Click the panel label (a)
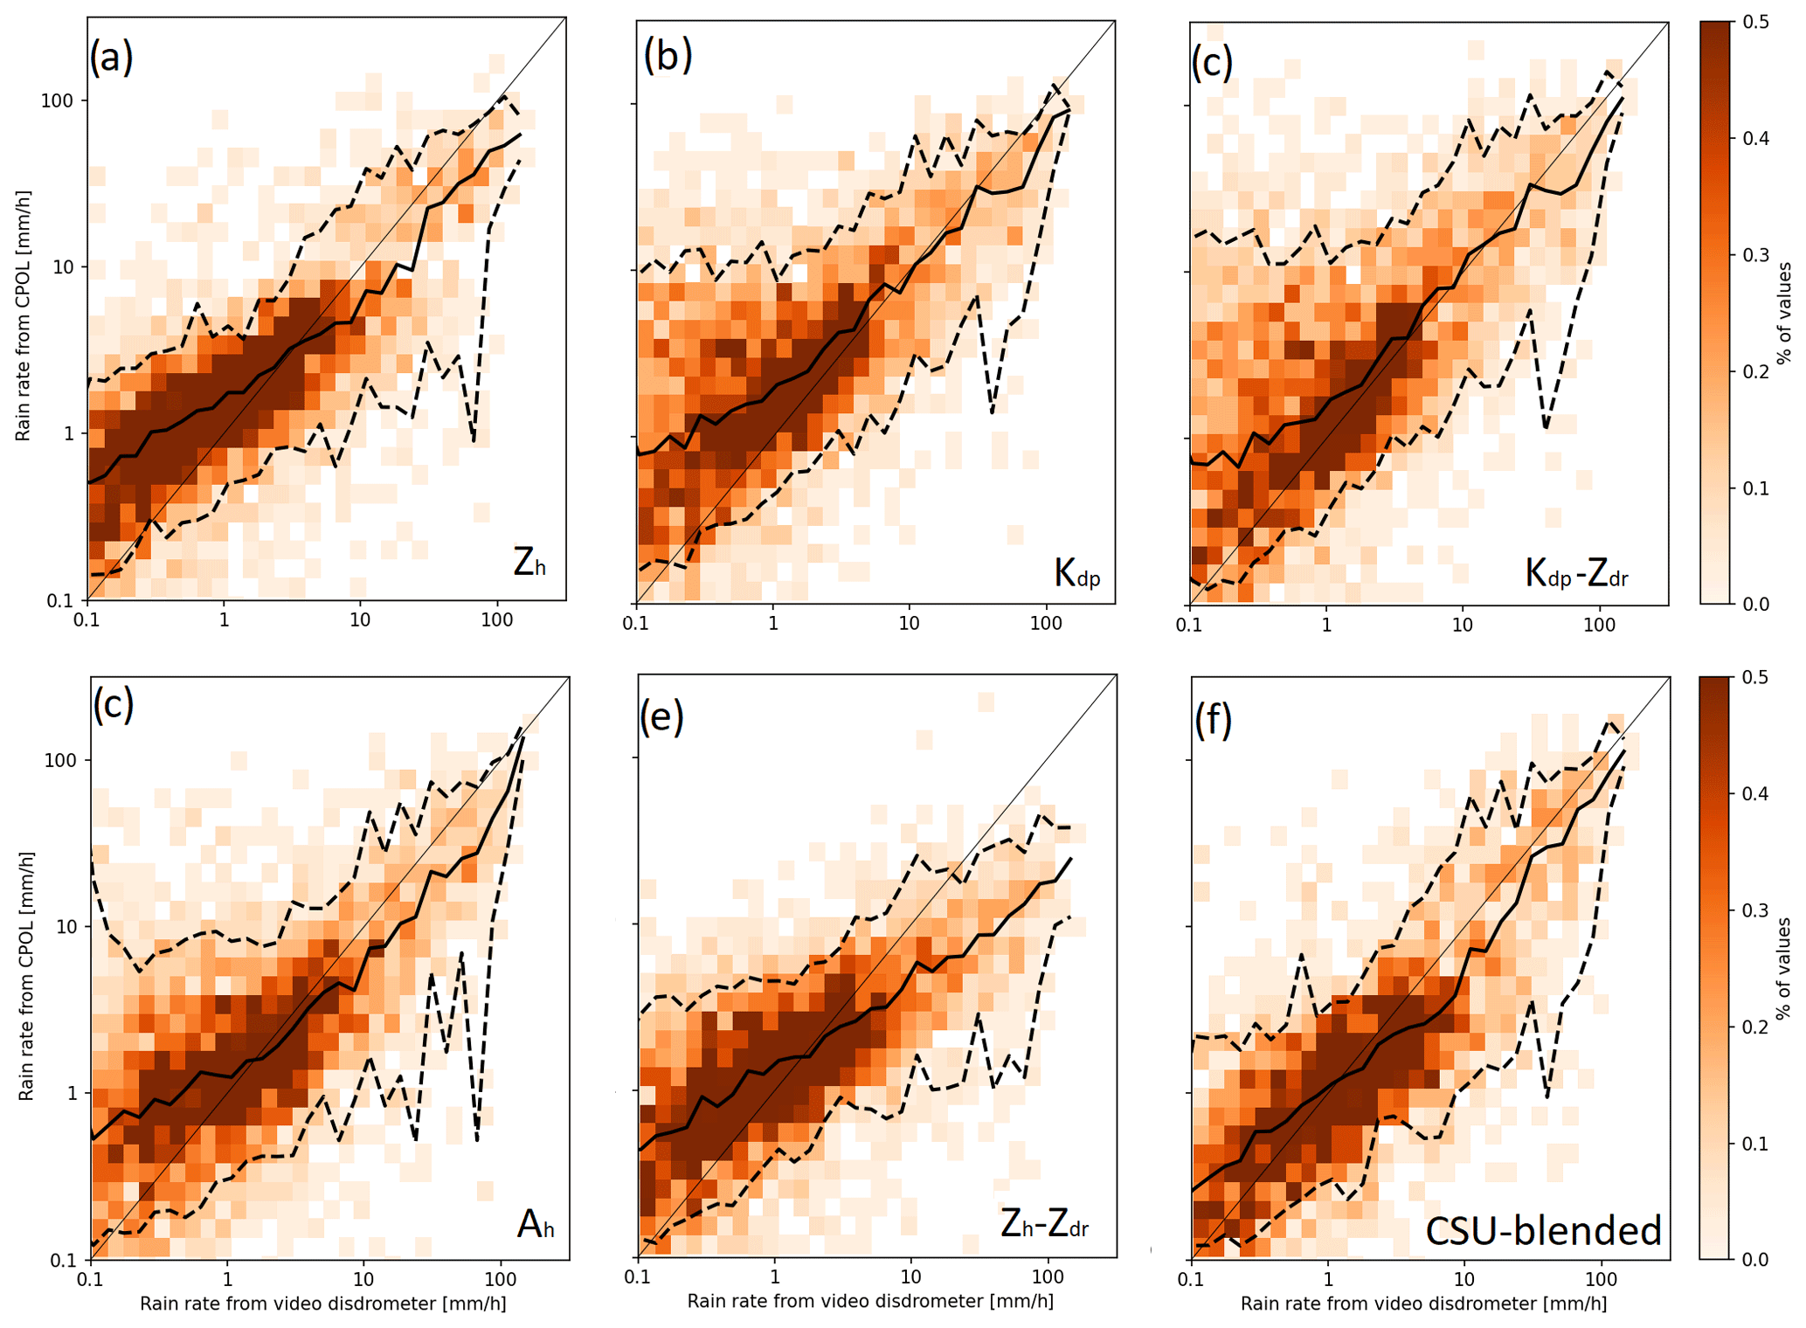(111, 58)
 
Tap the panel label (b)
(668, 56)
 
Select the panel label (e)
(661, 716)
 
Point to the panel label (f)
(1213, 719)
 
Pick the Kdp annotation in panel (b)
(1076, 573)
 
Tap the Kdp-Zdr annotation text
(1576, 573)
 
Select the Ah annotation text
(536, 1225)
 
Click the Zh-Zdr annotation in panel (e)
(1044, 1225)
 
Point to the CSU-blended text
(1543, 1230)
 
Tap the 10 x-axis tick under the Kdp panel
(909, 624)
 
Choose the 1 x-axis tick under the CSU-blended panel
(1327, 1280)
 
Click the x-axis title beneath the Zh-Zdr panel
(870, 1301)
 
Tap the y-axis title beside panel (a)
(23, 315)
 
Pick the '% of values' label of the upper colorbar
(1786, 313)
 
